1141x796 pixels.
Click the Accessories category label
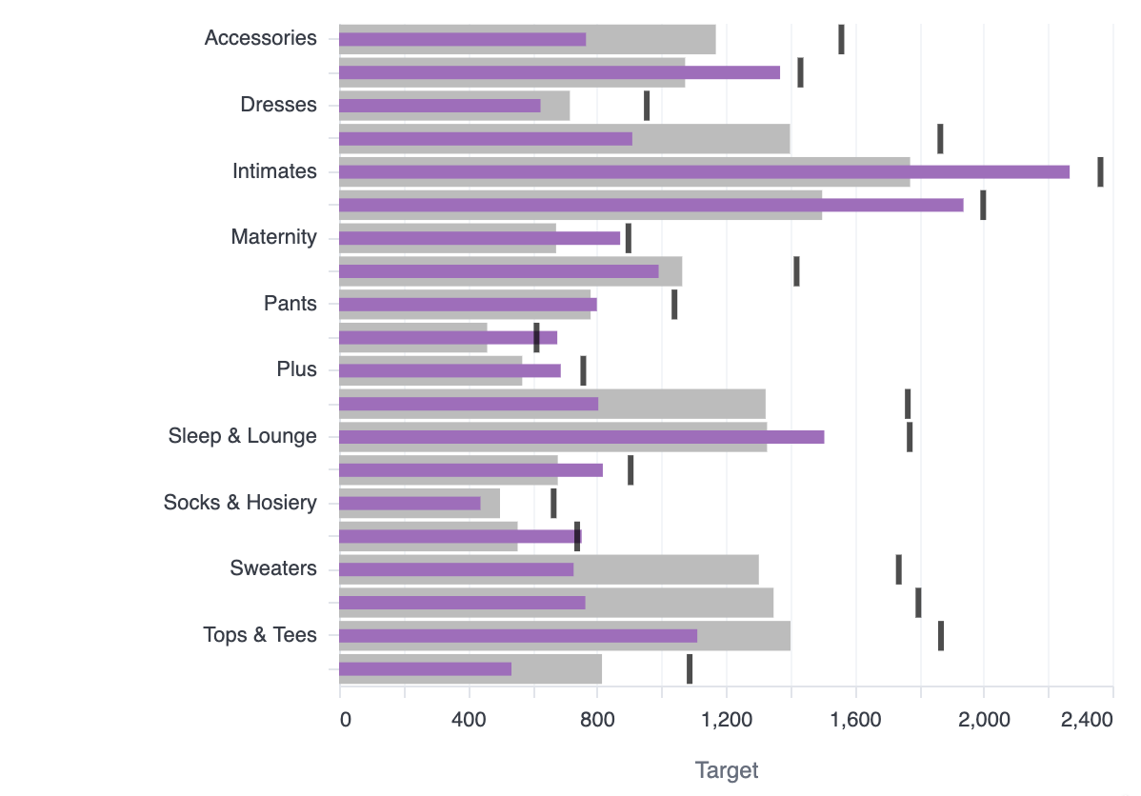pos(260,38)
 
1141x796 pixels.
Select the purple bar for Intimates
pos(704,171)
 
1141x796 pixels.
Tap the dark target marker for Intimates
pos(1100,171)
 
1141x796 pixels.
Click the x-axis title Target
pos(727,770)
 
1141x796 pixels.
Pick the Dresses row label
pos(278,105)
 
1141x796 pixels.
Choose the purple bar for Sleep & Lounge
pos(581,436)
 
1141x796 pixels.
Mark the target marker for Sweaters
pos(898,569)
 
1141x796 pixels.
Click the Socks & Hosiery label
pos(240,503)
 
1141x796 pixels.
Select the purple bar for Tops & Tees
pos(518,635)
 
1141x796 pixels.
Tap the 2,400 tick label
pos(1087,720)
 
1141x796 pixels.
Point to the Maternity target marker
pos(628,238)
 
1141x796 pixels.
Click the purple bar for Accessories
pos(462,39)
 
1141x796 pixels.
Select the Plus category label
pos(296,369)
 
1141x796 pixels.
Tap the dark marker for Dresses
pos(647,105)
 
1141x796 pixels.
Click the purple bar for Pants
pos(468,304)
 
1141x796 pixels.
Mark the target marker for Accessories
pos(841,39)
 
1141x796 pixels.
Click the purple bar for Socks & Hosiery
pos(410,503)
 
